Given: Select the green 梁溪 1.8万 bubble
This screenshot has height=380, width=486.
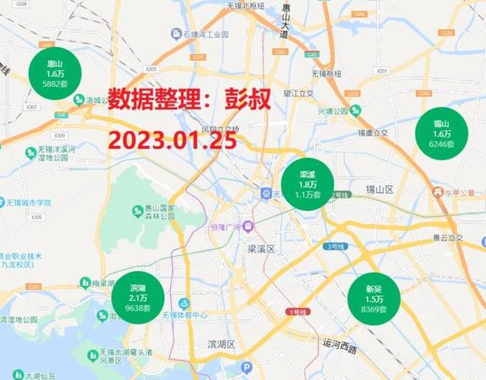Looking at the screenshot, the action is coord(307,184).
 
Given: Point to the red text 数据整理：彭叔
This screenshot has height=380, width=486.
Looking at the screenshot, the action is coord(189,100).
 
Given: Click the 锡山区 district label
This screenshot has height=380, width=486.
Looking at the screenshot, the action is coord(380,189).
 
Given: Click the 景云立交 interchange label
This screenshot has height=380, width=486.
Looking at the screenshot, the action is coord(449,237).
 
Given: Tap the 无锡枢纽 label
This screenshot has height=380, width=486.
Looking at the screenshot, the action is coord(327,73).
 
